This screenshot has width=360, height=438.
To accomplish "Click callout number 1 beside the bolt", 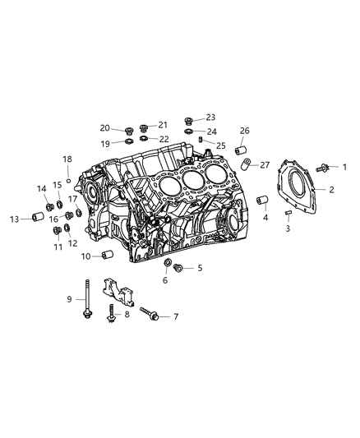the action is (344, 167).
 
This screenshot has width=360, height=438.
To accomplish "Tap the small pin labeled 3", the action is (288, 213).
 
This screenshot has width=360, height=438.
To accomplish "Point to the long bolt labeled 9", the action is (87, 299).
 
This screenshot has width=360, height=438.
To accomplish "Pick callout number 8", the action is (127, 315).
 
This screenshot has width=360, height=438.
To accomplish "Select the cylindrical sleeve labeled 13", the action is (38, 216).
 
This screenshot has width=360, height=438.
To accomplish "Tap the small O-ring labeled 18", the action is (68, 181).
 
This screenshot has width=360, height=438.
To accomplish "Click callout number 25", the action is (220, 145).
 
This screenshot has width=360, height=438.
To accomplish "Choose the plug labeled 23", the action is (189, 122).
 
